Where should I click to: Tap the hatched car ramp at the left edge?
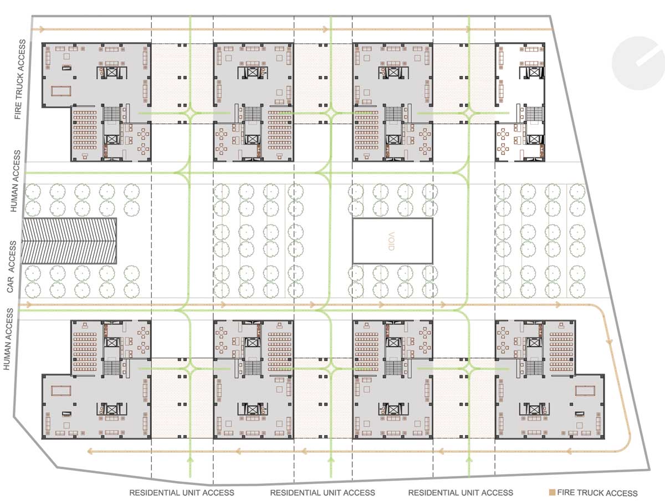69,241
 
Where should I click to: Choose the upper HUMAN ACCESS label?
15,181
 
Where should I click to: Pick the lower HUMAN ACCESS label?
8,339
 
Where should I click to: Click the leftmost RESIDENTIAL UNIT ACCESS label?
182,493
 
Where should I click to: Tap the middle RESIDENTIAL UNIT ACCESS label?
323,493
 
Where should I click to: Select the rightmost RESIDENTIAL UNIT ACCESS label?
461,493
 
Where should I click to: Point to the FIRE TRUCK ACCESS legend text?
597,493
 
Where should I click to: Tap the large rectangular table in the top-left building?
60,90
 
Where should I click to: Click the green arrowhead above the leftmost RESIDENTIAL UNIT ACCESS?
190,459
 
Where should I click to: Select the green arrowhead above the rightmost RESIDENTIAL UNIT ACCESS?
469,459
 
